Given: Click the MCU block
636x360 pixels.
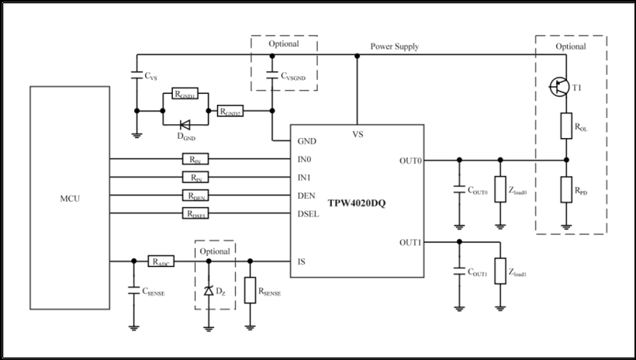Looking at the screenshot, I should click(70, 198).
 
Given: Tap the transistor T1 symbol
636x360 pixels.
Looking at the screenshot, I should click(559, 88).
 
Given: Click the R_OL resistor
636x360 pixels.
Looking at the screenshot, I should click(566, 126).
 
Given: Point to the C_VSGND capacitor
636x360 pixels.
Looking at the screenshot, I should click(271, 75).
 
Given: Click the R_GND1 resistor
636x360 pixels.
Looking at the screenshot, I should click(185, 95).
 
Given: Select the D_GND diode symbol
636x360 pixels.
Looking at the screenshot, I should click(184, 123).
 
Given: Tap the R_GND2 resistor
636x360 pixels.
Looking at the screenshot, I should click(230, 111).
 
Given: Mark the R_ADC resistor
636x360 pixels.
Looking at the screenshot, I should click(161, 262).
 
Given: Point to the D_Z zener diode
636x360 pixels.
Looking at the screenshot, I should click(208, 291).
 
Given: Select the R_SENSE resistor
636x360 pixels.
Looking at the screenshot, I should click(251, 290).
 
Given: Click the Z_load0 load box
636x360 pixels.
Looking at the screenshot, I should click(500, 191).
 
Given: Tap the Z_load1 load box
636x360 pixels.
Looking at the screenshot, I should click(500, 272).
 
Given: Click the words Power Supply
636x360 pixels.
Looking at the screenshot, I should click(395, 47).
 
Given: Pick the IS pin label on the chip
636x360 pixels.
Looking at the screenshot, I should click(302, 262).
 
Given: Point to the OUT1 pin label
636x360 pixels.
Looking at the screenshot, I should click(410, 241).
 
